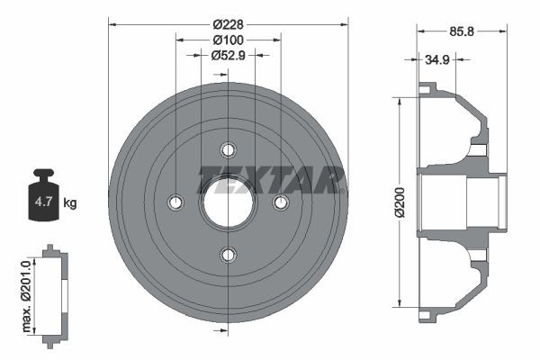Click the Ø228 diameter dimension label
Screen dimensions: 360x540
pos(229,23)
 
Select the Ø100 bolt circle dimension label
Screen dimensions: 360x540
pos(229,40)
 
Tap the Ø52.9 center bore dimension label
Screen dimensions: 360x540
pos(229,56)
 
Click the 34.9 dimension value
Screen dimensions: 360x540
pos(437,60)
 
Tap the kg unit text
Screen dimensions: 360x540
pos(70,203)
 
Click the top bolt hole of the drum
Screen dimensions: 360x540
pos(229,149)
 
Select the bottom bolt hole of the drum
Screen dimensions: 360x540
pos(229,255)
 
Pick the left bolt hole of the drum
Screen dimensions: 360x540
pos(175,202)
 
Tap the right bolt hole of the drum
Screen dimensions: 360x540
pos(281,202)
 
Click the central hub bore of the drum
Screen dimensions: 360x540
pos(228,202)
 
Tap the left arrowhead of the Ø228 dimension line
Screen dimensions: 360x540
pos(112,23)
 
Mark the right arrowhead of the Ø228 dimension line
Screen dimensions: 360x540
pos(345,23)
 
